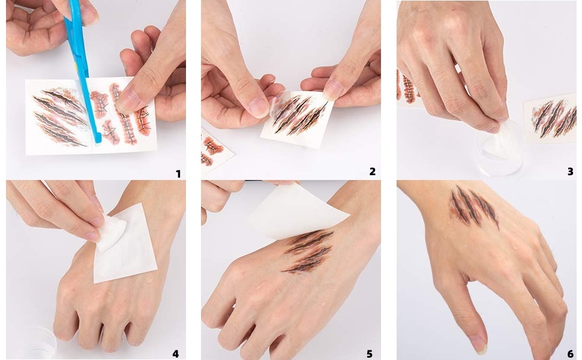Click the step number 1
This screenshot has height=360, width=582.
[x=178, y=173]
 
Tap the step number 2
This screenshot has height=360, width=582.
[x=372, y=172]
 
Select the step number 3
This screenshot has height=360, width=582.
[x=571, y=172]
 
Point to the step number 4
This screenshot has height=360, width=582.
[x=175, y=353]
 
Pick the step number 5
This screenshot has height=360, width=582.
[x=370, y=353]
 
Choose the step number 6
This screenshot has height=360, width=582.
[x=571, y=353]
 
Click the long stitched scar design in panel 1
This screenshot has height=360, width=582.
[x=124, y=113]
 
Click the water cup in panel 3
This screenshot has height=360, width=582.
[x=501, y=148]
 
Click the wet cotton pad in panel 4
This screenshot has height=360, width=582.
[x=110, y=233]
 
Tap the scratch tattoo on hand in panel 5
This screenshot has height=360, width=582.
[x=308, y=251]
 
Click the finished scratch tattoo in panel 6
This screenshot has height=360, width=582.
[x=474, y=206]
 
